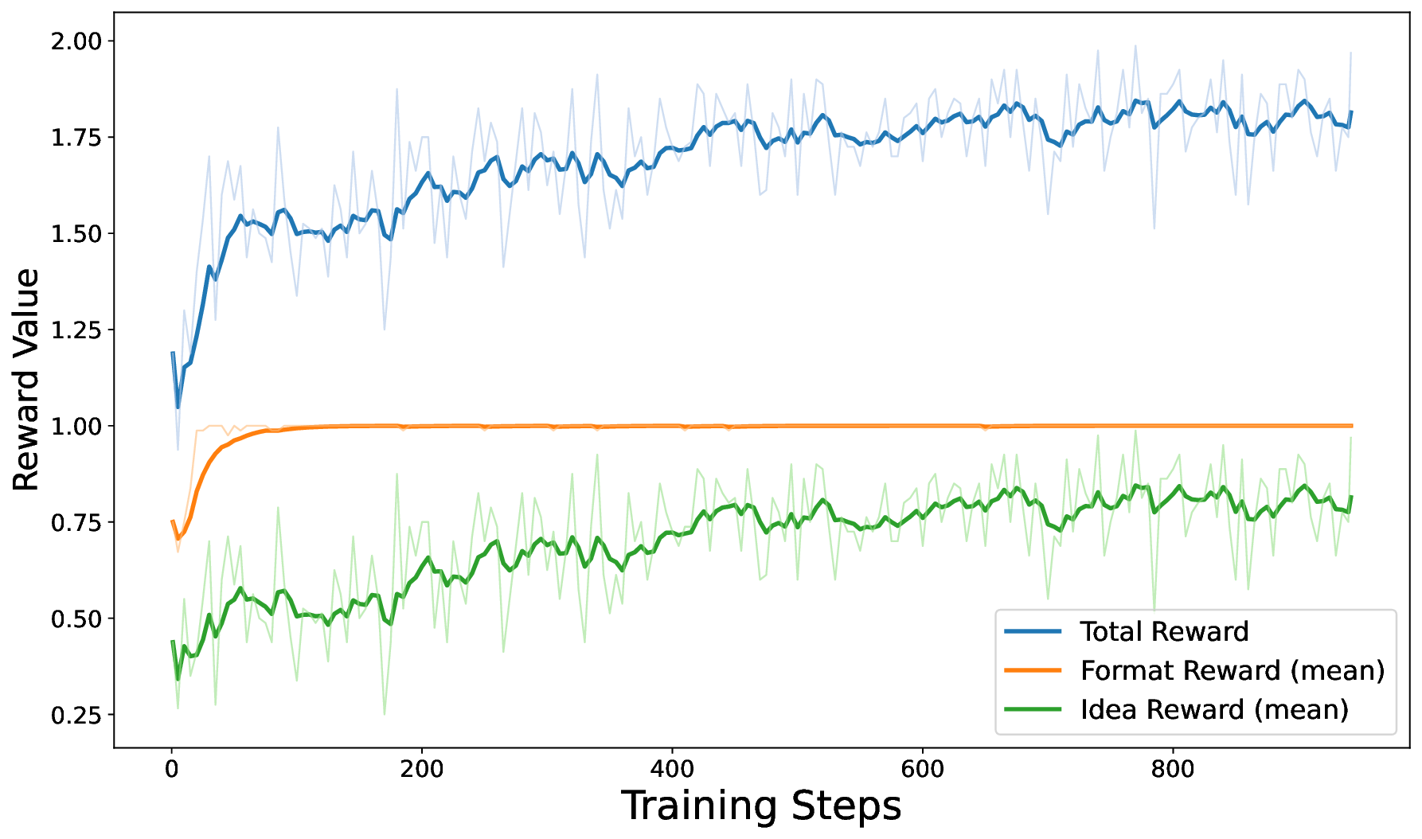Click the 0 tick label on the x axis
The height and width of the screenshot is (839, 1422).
(x=172, y=770)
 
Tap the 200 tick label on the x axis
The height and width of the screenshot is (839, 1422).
(x=422, y=770)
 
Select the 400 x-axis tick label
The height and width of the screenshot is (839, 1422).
(x=672, y=770)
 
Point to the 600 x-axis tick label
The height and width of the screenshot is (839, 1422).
(x=922, y=770)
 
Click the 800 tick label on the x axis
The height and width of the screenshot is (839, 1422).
(x=1173, y=770)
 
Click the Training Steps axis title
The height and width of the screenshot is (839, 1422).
(x=761, y=806)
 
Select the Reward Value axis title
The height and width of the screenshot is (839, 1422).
(x=25, y=380)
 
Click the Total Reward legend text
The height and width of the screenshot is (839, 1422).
(x=1164, y=632)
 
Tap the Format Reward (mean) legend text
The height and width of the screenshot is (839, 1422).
(x=1233, y=671)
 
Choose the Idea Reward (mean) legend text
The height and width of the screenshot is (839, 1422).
(x=1214, y=710)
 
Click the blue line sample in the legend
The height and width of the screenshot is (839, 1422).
(x=1033, y=632)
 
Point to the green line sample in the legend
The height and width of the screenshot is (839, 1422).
(x=1033, y=710)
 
